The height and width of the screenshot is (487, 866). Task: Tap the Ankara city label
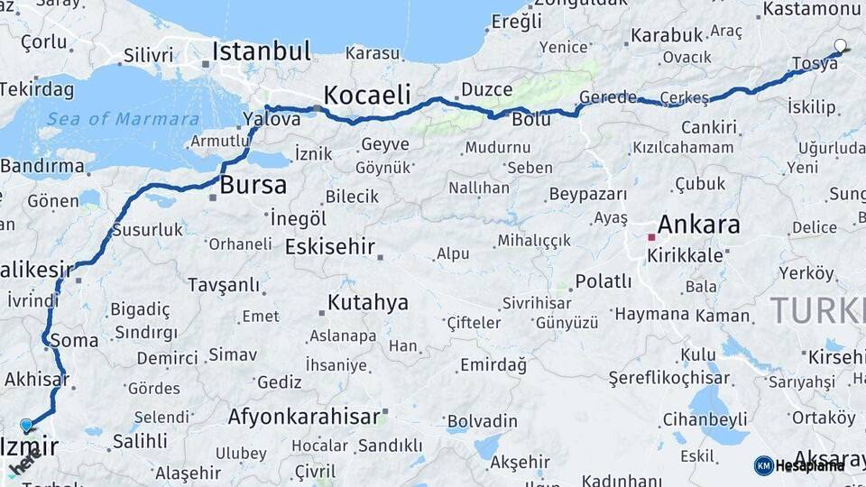point(698,224)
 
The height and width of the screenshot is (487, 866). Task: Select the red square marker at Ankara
point(650,237)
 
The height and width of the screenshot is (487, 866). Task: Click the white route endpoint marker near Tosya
point(841,45)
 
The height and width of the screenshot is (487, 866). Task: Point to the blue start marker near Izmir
point(26,425)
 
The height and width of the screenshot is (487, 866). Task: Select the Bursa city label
point(253,186)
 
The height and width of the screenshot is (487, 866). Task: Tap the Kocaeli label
point(366,95)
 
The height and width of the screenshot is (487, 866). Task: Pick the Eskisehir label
point(329,246)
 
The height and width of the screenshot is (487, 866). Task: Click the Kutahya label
point(367,302)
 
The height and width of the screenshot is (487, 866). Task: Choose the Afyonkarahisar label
point(303,417)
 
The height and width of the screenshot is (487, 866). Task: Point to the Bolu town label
point(530,119)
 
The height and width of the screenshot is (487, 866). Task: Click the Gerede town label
point(607,96)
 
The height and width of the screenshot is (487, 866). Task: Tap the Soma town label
point(75,341)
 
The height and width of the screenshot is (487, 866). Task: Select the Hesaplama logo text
point(810,465)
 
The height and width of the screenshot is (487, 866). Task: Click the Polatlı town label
point(603,281)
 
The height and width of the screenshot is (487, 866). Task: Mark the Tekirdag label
point(36,88)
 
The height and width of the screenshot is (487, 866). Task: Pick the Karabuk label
point(666,35)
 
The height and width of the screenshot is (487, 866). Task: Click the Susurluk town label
point(147,229)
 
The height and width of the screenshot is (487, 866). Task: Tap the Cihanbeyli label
point(705,418)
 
